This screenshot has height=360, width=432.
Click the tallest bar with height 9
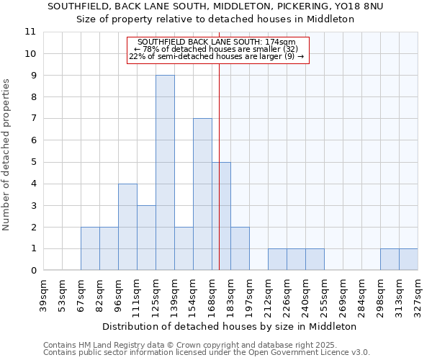pyautogui.click(x=165, y=173)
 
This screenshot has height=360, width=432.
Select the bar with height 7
pyautogui.click(x=202, y=194)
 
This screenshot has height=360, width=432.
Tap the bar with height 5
pyautogui.click(x=221, y=216)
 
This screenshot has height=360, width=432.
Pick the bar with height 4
pyautogui.click(x=127, y=227)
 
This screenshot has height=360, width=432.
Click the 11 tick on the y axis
pyautogui.click(x=30, y=32)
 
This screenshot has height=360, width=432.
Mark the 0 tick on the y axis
pyautogui.click(x=32, y=271)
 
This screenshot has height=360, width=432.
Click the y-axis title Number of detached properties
pyautogui.click(x=6, y=155)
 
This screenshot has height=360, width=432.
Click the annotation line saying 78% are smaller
pyautogui.click(x=217, y=49)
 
